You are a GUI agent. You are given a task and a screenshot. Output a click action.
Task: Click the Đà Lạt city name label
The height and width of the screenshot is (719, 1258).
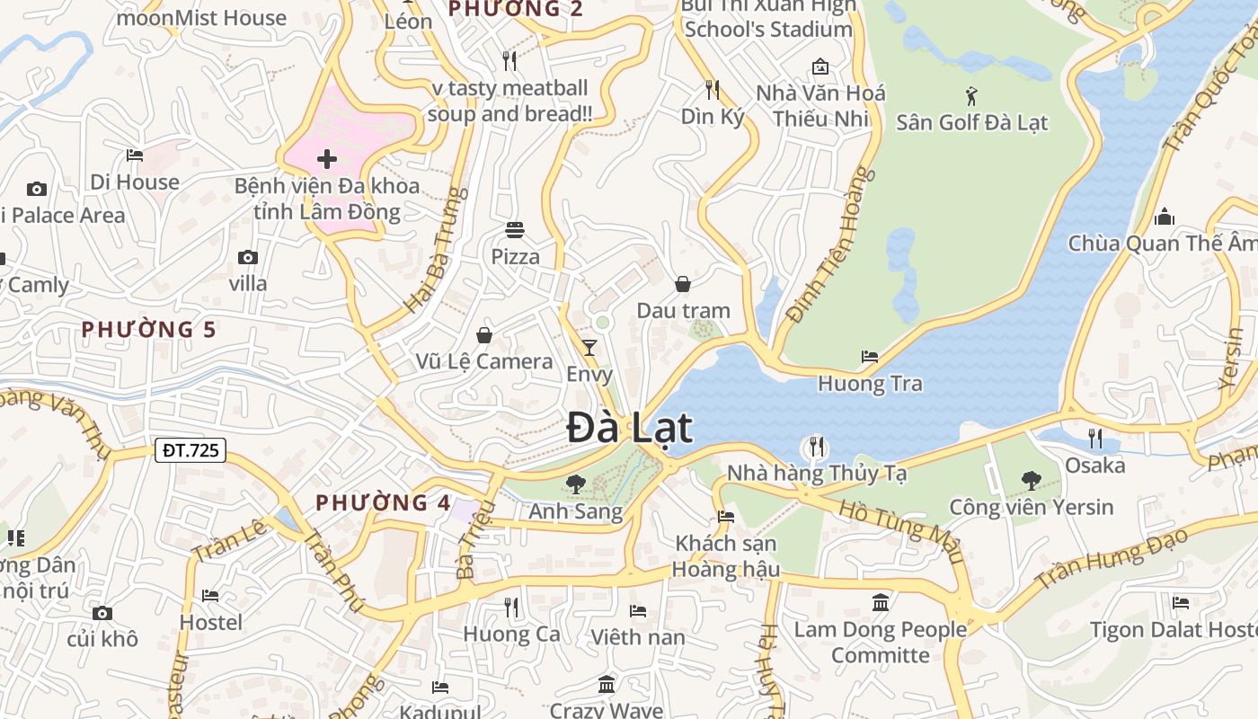pos(630,428)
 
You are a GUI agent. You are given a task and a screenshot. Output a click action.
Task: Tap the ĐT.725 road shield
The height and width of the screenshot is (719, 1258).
pos(190,450)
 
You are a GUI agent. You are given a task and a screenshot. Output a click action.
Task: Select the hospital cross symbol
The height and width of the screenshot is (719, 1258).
pos(327,160)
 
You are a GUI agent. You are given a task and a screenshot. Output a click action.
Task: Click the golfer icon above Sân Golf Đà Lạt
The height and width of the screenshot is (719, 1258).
pos(971,95)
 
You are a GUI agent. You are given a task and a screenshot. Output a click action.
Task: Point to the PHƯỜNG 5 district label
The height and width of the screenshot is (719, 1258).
pos(149,330)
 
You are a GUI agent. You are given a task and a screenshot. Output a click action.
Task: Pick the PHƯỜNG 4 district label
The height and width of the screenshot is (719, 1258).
pos(383,502)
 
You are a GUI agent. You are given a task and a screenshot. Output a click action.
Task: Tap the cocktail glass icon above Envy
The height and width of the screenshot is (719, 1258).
pos(589,347)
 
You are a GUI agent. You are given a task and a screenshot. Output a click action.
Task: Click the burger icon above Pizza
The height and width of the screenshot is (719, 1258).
pos(515,230)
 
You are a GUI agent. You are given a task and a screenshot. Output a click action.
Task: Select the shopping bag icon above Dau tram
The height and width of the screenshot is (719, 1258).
pos(683,284)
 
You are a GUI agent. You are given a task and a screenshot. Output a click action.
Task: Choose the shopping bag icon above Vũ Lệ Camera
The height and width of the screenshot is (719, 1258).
pos(484,335)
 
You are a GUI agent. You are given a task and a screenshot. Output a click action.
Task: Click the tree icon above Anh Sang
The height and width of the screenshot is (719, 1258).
pos(576,484)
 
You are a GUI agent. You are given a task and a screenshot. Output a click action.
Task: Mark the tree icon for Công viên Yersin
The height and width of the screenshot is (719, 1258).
pos(1032,481)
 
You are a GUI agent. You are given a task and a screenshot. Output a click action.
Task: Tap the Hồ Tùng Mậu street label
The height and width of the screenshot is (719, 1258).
pos(899,523)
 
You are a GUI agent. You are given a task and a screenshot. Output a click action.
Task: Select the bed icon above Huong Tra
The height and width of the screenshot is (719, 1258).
pos(870,357)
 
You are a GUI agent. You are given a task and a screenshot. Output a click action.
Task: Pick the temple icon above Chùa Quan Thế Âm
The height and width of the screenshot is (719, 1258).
pos(1165,217)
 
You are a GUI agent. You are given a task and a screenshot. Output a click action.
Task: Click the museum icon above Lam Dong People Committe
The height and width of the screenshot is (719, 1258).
pos(881,602)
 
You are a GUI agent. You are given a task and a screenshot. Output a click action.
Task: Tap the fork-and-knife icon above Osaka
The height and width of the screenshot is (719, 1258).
pos(1094,439)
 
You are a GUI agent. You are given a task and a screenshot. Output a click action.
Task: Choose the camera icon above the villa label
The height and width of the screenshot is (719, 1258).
pos(248,257)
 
